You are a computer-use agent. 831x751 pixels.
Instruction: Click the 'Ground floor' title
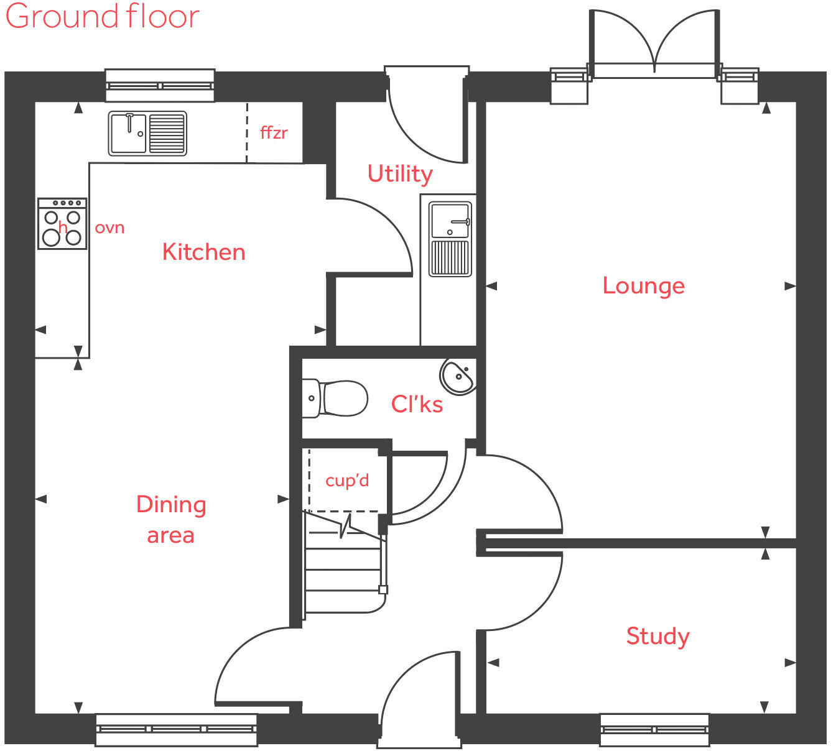pos(102,16)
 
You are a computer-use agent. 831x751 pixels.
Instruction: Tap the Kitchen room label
pos(203,252)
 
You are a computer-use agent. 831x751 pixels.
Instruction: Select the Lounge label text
pos(643,285)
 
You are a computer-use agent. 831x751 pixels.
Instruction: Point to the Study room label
pos(657,636)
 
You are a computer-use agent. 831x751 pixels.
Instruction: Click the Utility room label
pos(399,173)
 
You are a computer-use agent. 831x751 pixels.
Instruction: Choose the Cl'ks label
pos(417,404)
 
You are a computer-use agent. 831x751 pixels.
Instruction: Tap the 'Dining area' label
pos(171,519)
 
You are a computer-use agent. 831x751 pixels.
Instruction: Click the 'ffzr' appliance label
pos(274,132)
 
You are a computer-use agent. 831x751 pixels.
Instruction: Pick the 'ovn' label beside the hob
pos(109,228)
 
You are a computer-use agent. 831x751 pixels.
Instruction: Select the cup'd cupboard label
pos(347,481)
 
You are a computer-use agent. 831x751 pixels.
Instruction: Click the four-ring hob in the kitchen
pos(62,224)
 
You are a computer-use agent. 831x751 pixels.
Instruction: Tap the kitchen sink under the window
pos(147,133)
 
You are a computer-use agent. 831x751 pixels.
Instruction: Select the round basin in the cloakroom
pos(459,375)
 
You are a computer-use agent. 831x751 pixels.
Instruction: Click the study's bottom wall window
pos(654,729)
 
